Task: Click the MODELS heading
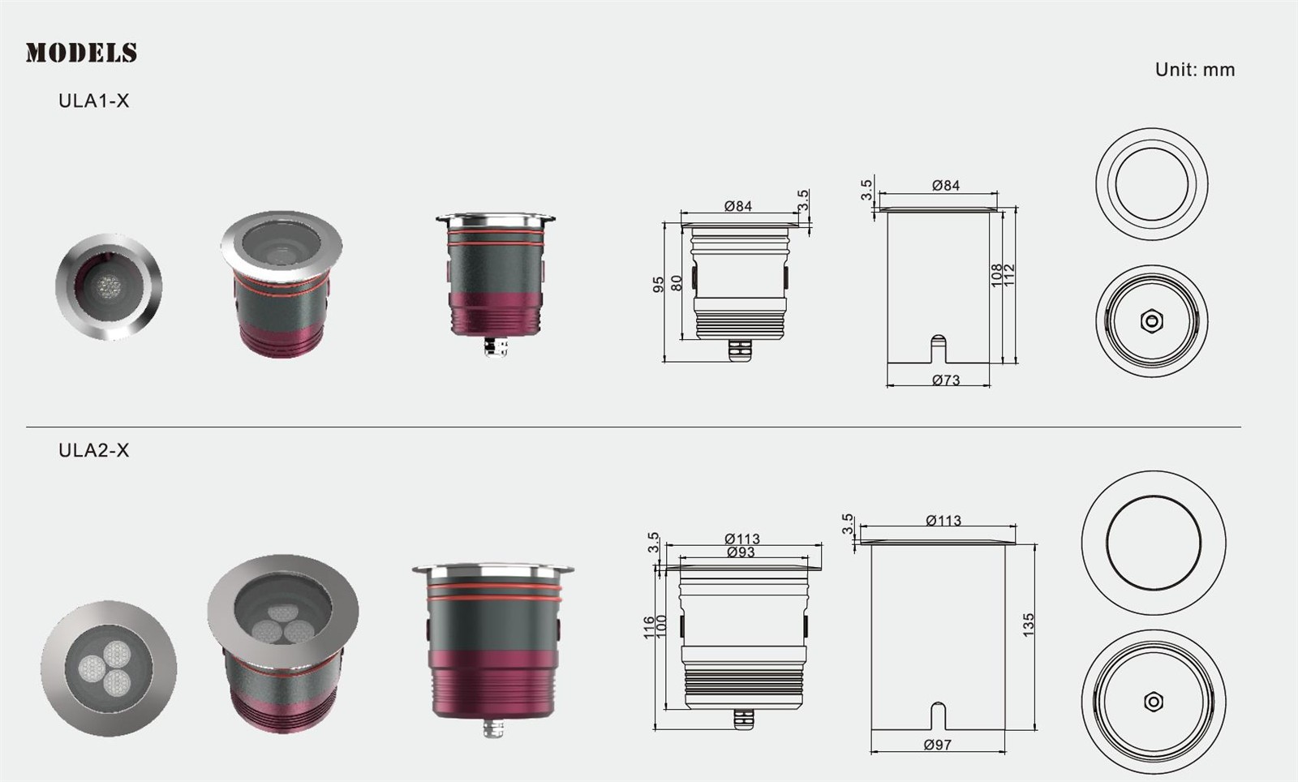[x=81, y=53]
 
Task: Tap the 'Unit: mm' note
[x=1195, y=70]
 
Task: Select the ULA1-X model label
[x=94, y=101]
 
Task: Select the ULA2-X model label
[x=94, y=450]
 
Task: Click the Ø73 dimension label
[x=946, y=380]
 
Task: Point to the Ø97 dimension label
[x=938, y=745]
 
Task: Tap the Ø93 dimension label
[x=741, y=552]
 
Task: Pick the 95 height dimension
[x=659, y=285]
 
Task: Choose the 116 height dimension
[x=649, y=628]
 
